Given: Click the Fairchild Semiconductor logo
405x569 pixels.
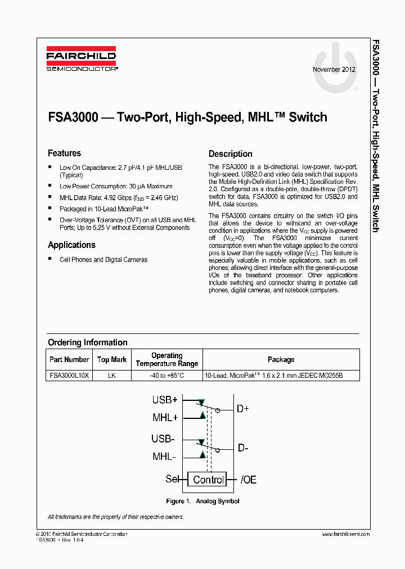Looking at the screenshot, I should [x=82, y=60].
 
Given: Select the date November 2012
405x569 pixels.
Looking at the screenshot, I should [x=334, y=70].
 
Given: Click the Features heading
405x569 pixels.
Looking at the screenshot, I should [x=64, y=153].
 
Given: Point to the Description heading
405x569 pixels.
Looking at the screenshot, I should [x=230, y=154].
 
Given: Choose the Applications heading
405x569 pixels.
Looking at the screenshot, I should [x=71, y=245].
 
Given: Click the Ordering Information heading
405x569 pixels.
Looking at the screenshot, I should [x=87, y=342].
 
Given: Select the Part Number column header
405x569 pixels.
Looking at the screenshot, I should [x=69, y=360].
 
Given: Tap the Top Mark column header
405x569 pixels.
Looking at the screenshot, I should [x=112, y=360].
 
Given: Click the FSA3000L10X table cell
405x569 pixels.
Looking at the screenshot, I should [x=69, y=375].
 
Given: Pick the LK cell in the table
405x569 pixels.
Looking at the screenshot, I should [x=112, y=375].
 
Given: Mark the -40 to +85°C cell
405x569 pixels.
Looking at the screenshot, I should [x=167, y=375].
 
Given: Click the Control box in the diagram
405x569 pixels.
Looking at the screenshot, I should [x=208, y=480].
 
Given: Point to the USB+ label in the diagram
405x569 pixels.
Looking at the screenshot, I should [x=164, y=400].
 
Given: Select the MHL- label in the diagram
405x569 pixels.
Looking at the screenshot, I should [x=165, y=456].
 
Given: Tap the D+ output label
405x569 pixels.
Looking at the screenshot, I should [x=242, y=409].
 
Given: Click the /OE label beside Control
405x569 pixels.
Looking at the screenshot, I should [x=248, y=480].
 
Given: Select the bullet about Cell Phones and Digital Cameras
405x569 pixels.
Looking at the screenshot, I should [x=103, y=260].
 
